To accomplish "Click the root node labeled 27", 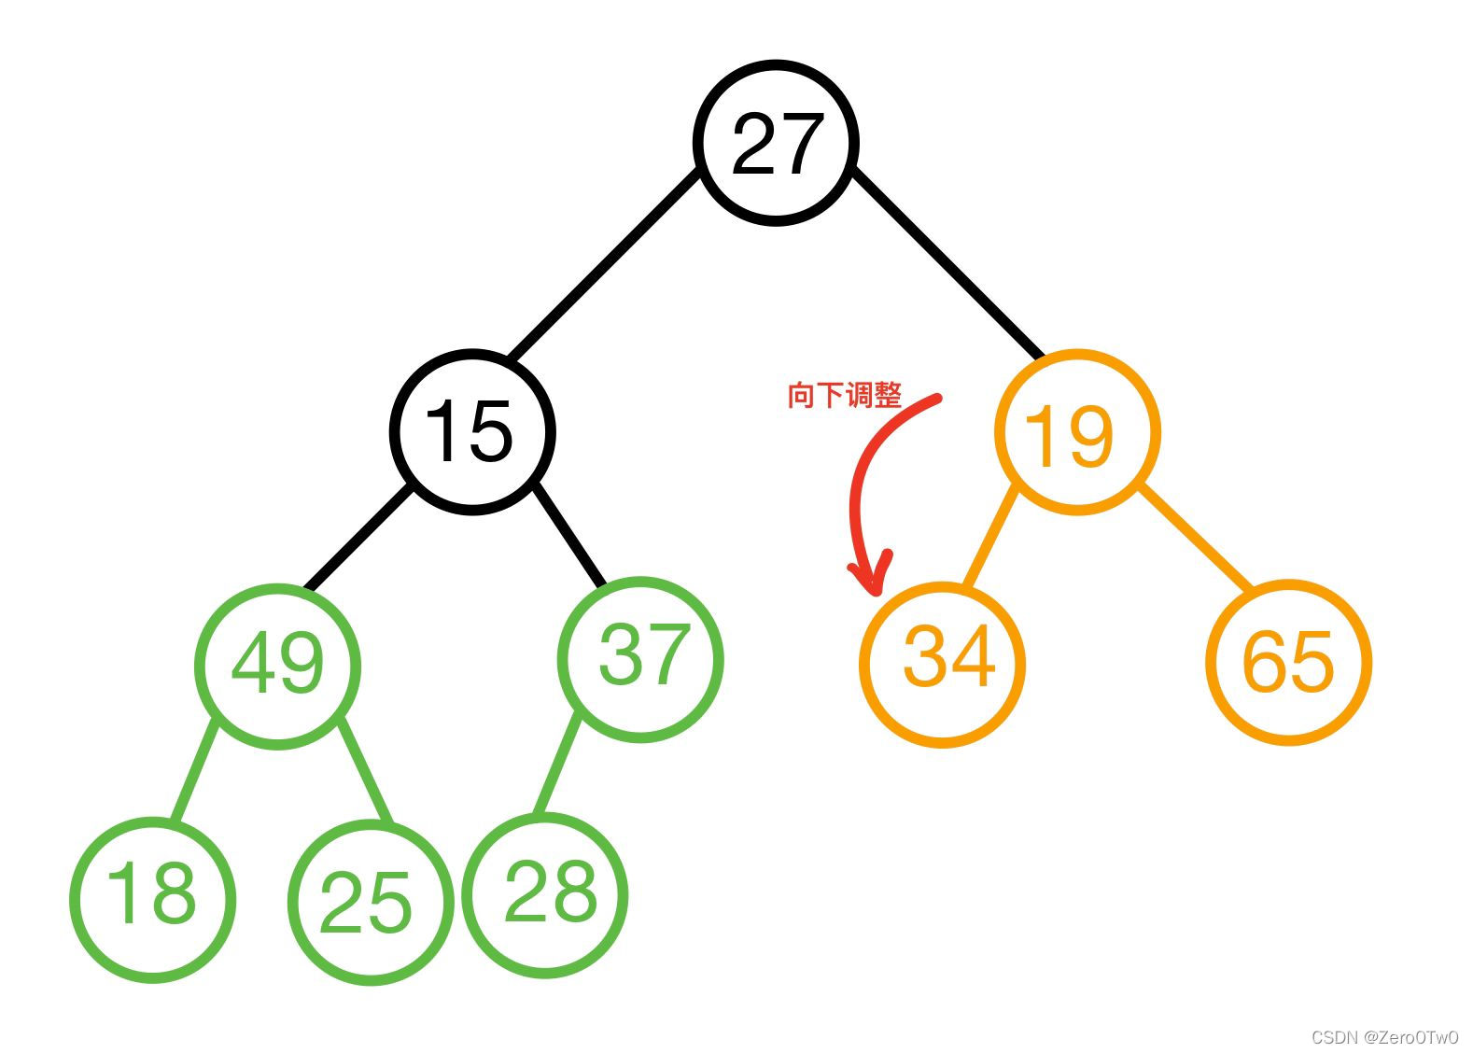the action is [x=776, y=143].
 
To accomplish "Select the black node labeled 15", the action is [x=472, y=431].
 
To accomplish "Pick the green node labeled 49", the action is [x=277, y=666].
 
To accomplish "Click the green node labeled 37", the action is [x=640, y=659].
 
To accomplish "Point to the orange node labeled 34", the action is [x=943, y=664].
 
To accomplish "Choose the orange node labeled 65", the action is [x=1289, y=662].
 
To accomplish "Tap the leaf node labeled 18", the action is [x=152, y=899].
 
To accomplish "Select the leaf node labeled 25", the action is [x=371, y=902].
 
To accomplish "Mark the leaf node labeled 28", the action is [x=546, y=895].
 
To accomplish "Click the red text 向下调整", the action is [x=844, y=396].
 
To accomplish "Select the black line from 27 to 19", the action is [x=947, y=264].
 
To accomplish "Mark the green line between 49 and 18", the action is [x=195, y=772].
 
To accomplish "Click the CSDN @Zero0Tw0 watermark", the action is [x=1384, y=1037].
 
